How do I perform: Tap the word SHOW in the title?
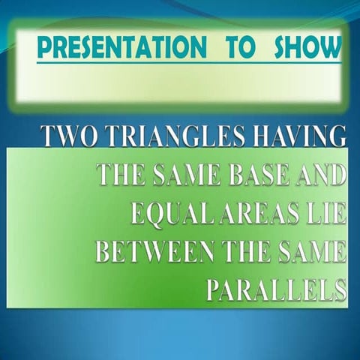[307, 47]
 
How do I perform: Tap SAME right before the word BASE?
[184, 175]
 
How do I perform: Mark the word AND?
[319, 175]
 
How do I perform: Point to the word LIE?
[324, 213]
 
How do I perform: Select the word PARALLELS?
[276, 289]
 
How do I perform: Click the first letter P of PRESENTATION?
[44, 47]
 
